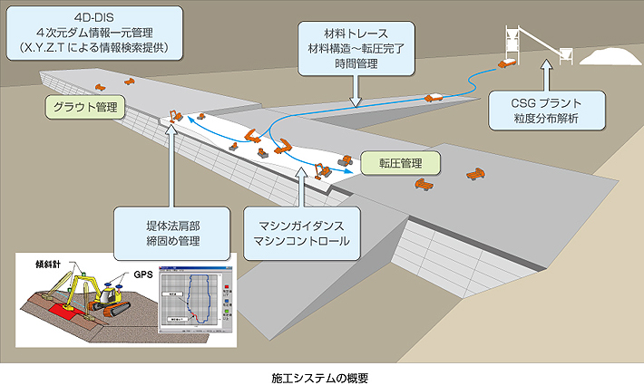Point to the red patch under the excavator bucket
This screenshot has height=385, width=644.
click(x=60, y=313)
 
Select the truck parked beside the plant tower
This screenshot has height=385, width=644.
click(x=508, y=63)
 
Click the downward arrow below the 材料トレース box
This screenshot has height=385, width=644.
click(x=356, y=89)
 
